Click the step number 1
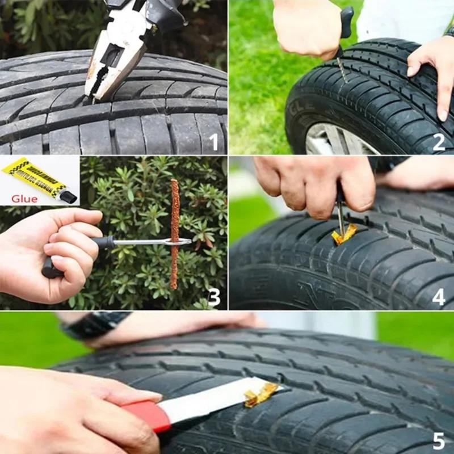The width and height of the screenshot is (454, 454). point(213,141)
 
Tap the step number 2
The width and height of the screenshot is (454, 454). point(439,142)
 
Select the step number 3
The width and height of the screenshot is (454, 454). point(213,297)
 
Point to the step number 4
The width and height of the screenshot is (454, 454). point(439,297)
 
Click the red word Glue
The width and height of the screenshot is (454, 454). point(24,199)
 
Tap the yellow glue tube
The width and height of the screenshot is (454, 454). point(34,177)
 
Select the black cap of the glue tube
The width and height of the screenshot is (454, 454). point(69,197)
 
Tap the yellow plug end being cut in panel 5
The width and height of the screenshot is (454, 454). point(261,394)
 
